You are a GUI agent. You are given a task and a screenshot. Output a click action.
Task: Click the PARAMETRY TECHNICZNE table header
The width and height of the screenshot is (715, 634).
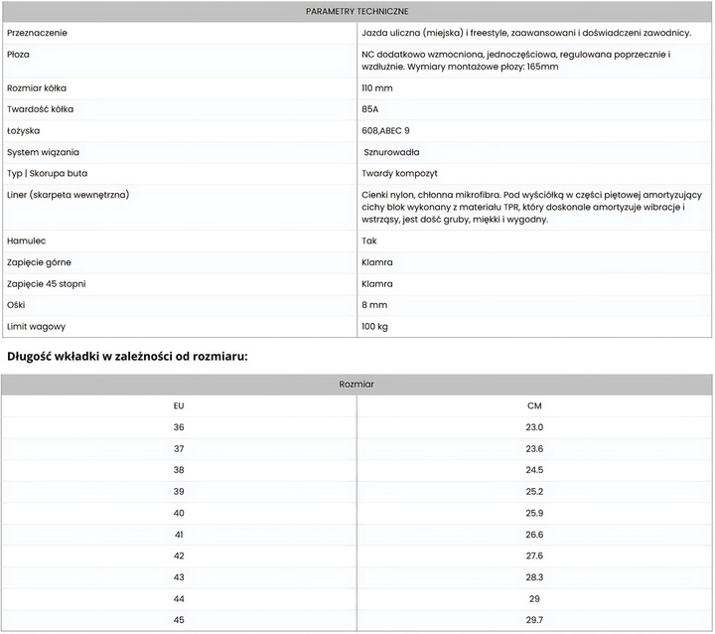point(357,11)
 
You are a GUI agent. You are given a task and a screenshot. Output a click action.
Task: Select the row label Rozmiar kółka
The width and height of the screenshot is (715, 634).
point(37,87)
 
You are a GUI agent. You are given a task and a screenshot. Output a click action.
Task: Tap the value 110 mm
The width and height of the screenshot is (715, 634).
point(376,87)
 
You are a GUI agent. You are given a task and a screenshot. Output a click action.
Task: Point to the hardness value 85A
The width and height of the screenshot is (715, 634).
point(370,108)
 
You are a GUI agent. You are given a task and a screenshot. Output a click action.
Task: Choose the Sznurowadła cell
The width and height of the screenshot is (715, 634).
point(391,152)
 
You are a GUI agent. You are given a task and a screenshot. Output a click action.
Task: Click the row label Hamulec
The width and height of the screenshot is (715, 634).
point(26,240)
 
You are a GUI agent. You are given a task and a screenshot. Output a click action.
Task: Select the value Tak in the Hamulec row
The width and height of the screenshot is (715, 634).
point(369,240)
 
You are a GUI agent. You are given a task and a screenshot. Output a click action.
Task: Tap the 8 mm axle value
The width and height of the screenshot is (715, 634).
point(374,305)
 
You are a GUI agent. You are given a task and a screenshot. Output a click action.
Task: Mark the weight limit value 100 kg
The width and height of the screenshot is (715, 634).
point(374,326)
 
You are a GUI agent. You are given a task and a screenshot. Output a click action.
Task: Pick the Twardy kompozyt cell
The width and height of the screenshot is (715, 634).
point(395,173)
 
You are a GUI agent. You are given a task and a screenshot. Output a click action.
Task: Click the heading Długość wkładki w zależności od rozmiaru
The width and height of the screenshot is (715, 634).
point(127,355)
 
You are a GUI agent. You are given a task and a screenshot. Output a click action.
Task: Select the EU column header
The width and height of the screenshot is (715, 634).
point(179,405)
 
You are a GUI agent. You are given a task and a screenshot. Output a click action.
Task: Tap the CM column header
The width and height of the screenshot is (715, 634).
point(534,405)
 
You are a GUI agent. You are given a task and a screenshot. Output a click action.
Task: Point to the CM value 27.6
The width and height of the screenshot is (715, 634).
point(534,555)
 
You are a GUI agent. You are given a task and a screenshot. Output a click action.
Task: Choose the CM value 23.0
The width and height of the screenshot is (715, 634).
point(534,427)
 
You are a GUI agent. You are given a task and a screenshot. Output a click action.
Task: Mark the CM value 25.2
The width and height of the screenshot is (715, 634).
point(534,491)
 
